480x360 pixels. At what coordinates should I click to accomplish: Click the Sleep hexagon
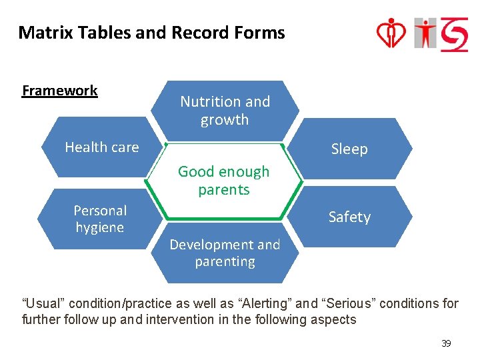(349, 149)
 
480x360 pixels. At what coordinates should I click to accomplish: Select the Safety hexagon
(349, 217)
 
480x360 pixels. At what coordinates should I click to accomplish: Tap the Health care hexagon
(102, 147)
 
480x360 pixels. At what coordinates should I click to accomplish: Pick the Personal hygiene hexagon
(100, 219)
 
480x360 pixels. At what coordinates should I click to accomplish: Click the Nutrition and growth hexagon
(225, 111)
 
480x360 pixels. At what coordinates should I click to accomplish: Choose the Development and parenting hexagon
(225, 253)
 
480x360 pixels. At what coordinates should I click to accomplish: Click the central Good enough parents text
(224, 181)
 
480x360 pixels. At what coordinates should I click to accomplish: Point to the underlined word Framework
(60, 91)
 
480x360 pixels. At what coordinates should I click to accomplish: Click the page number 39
(446, 343)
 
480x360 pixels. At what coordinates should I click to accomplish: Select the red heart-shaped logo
(392, 33)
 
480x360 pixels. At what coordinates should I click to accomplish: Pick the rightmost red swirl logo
(455, 33)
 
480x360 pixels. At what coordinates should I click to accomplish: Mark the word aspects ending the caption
(334, 319)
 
